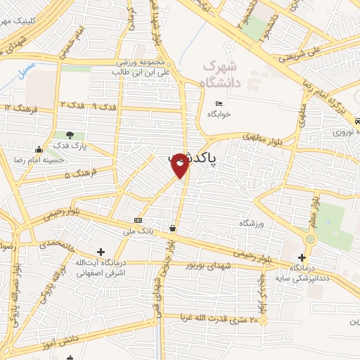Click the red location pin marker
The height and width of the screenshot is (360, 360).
[x=180, y=165]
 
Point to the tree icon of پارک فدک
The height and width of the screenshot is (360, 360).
[x=69, y=136]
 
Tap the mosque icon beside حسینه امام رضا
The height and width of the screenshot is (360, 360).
[x=39, y=149]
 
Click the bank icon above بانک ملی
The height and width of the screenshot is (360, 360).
[x=139, y=219]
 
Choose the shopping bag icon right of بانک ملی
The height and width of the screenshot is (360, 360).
[x=173, y=228]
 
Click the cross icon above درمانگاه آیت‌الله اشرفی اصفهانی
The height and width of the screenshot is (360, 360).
[x=101, y=252]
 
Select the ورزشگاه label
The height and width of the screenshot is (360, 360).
[x=252, y=224]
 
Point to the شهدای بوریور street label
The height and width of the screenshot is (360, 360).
[x=208, y=265]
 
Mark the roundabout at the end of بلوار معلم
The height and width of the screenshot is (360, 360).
[x=310, y=239]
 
